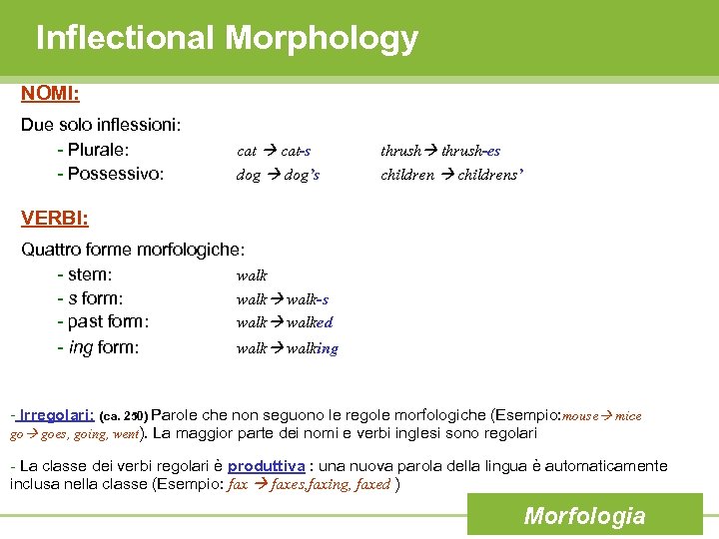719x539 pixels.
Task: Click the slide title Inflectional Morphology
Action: [x=227, y=38]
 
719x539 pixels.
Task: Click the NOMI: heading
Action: [x=51, y=93]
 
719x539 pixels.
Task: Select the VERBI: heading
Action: [x=55, y=217]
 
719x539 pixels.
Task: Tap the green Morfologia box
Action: [x=584, y=516]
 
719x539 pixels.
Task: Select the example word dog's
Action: [x=302, y=175]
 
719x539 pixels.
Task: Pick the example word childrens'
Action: [x=491, y=175]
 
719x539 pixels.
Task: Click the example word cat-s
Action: [x=296, y=151]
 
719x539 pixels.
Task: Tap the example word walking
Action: [x=312, y=348]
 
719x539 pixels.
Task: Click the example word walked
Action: [x=310, y=322]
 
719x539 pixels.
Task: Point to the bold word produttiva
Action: [x=267, y=466]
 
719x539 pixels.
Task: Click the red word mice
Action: [x=628, y=415]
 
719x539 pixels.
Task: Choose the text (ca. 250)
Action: [x=124, y=415]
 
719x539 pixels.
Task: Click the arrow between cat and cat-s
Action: [x=271, y=151]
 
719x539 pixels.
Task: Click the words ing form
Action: [x=104, y=347]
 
